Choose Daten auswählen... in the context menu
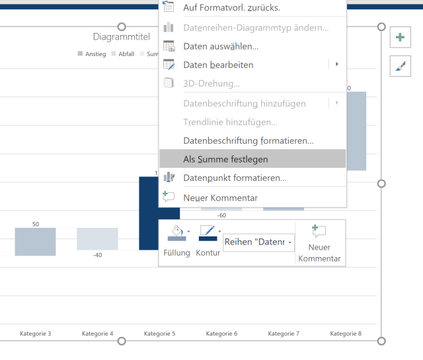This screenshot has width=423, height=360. pos(220,46)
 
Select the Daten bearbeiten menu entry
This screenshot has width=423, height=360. pos(218,65)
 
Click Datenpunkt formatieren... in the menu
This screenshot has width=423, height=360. pos(235,178)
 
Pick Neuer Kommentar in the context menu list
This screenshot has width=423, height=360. pos(220,198)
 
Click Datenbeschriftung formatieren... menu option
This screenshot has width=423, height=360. pos(248,141)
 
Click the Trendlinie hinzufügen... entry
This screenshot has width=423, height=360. pos(230,122)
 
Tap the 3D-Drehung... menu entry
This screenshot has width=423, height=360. pos(211,83)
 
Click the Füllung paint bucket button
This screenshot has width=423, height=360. pos(176,233)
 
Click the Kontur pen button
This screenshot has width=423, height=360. pos(207,233)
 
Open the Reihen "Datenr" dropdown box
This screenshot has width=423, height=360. pos(259,242)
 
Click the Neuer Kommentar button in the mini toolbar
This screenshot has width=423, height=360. pos(319,242)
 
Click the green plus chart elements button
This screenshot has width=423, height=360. pos(400,37)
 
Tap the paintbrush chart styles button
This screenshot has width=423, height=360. pos(400,65)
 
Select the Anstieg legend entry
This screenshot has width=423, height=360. pos(92,54)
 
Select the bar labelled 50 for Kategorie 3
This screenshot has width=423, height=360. pos(36,241)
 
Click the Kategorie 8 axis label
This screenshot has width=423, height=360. pos(346,334)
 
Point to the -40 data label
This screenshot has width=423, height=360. pos(98,255)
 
